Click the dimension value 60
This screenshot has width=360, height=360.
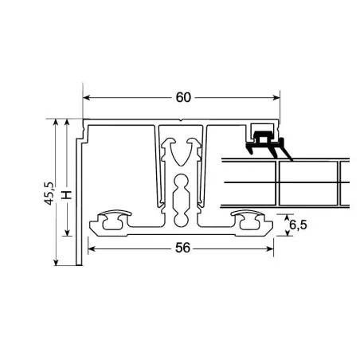(183, 98)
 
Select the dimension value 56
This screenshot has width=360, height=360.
(182, 248)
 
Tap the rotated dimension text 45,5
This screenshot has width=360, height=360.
(49, 194)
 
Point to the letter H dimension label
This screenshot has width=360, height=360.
(68, 194)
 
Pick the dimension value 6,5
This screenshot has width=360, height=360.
(297, 225)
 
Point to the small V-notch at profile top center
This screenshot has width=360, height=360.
(182, 123)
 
